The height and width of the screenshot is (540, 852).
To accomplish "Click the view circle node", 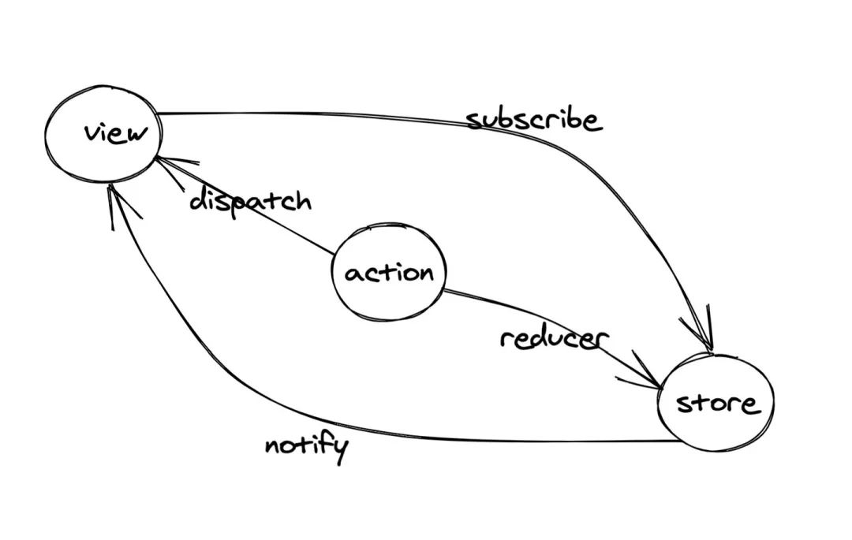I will [x=103, y=134].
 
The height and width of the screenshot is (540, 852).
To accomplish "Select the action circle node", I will [x=388, y=273].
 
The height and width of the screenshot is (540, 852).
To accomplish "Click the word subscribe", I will [x=533, y=120].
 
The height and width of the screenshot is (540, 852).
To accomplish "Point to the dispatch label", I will [x=250, y=201].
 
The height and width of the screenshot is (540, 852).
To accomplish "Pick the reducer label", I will [x=554, y=339].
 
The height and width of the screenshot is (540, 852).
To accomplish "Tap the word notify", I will [x=306, y=447].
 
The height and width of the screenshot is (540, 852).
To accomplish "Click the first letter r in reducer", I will [x=506, y=340].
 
